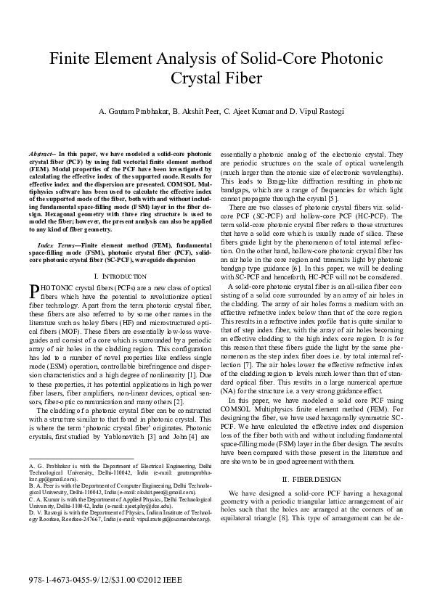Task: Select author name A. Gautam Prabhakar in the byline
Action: click(x=131, y=111)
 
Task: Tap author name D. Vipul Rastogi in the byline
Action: click(x=307, y=111)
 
